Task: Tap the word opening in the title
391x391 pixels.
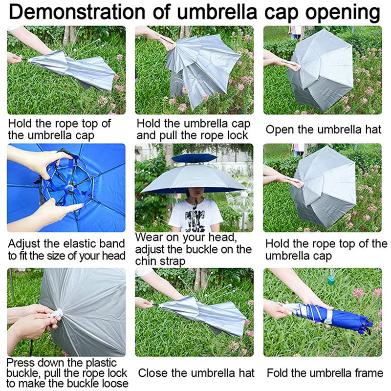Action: [343, 14]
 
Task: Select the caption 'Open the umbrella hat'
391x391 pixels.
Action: [324, 130]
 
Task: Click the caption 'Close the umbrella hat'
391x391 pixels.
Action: [196, 373]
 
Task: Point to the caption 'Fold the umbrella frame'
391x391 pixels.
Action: [325, 373]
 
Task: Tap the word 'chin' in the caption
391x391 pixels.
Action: [146, 261]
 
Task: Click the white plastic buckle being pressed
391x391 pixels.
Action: [58, 313]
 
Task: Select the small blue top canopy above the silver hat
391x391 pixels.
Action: [194, 158]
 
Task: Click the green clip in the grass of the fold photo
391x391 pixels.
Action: [331, 280]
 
